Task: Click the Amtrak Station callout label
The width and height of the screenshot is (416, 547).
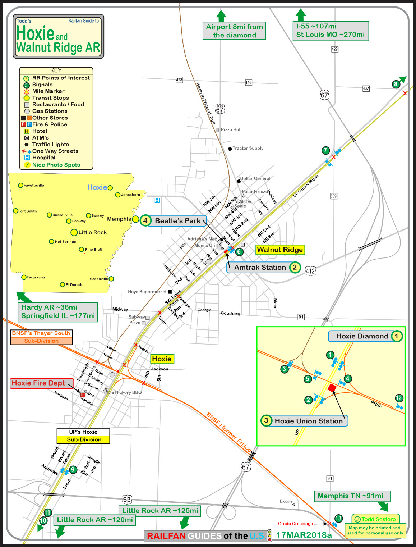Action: point(260,267)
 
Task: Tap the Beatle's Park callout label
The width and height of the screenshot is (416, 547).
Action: point(177,221)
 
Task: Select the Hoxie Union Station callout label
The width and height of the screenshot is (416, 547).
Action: point(309,421)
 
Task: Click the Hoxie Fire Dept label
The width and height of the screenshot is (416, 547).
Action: point(38,383)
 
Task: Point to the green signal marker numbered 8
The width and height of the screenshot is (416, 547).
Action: point(396,84)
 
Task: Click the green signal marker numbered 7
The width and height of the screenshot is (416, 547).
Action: point(325,150)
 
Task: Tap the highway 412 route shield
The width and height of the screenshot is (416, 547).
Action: point(310,271)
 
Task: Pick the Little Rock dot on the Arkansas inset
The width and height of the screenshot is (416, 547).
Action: point(74,232)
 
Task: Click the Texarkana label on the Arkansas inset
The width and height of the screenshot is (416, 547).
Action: point(36,277)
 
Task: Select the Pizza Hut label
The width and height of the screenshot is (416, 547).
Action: point(231,129)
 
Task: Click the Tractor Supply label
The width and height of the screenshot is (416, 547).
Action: point(248,148)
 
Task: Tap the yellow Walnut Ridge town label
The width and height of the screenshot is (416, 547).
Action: point(280,250)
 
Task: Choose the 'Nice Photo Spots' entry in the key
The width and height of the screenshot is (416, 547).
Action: point(56,165)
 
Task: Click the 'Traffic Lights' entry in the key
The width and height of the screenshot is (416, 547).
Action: point(50,145)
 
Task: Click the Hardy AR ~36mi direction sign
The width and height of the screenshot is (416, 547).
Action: point(58,312)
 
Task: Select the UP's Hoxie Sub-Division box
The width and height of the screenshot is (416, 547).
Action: point(83,436)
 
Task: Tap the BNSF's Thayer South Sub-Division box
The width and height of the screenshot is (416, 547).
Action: point(41,337)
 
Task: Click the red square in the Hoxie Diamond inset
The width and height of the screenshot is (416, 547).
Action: point(332,388)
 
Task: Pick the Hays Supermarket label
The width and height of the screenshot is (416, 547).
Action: point(147,292)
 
